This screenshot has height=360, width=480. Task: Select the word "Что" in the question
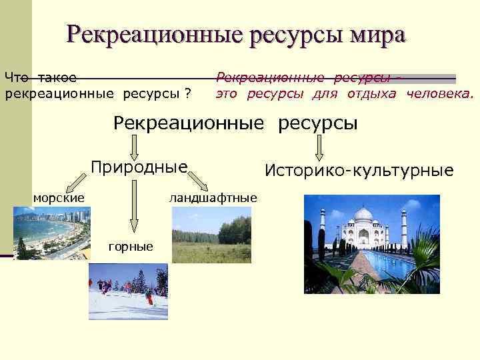pos(17,77)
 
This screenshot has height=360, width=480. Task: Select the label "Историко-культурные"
pos(359,171)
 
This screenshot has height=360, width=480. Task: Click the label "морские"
pos(59,197)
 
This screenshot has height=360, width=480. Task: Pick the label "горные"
pos(131,247)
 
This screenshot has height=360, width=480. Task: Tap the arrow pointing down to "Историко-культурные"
pos(320,146)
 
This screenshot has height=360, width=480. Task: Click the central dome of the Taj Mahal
pos(363,217)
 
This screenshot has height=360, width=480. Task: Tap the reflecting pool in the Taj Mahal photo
pos(381,267)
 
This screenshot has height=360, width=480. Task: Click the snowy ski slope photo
pos(128,291)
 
